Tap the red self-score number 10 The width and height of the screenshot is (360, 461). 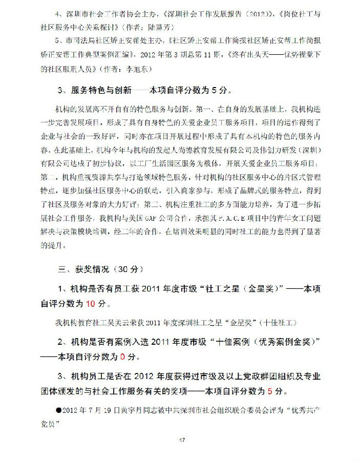pyautogui.click(x=90, y=304)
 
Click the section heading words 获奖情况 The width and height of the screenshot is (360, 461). pyautogui.click(x=93, y=269)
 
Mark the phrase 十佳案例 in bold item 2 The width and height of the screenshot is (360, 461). pyautogui.click(x=234, y=341)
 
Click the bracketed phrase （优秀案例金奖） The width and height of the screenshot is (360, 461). pyautogui.click(x=280, y=341)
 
